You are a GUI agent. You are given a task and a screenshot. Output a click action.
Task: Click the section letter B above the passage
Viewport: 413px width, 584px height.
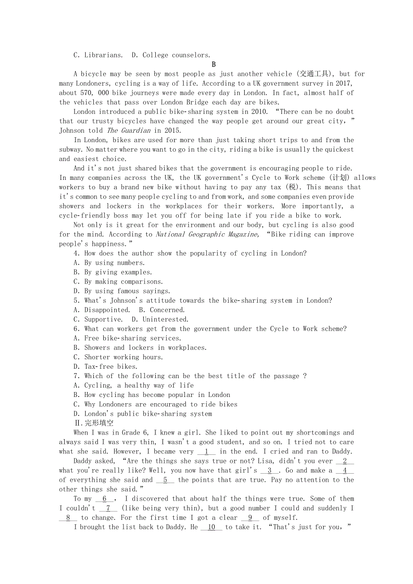pos(214,65)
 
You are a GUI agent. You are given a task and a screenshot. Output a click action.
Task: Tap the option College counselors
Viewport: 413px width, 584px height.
pos(176,55)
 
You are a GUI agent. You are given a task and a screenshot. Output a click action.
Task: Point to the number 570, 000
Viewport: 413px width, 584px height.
pos(98,93)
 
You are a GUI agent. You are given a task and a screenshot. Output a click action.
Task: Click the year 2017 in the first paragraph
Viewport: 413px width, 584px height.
pos(343,83)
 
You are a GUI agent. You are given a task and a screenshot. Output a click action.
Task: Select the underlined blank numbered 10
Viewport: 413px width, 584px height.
pos(211,527)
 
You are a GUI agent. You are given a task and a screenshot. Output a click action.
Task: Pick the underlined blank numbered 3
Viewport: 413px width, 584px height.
pos(269,471)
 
